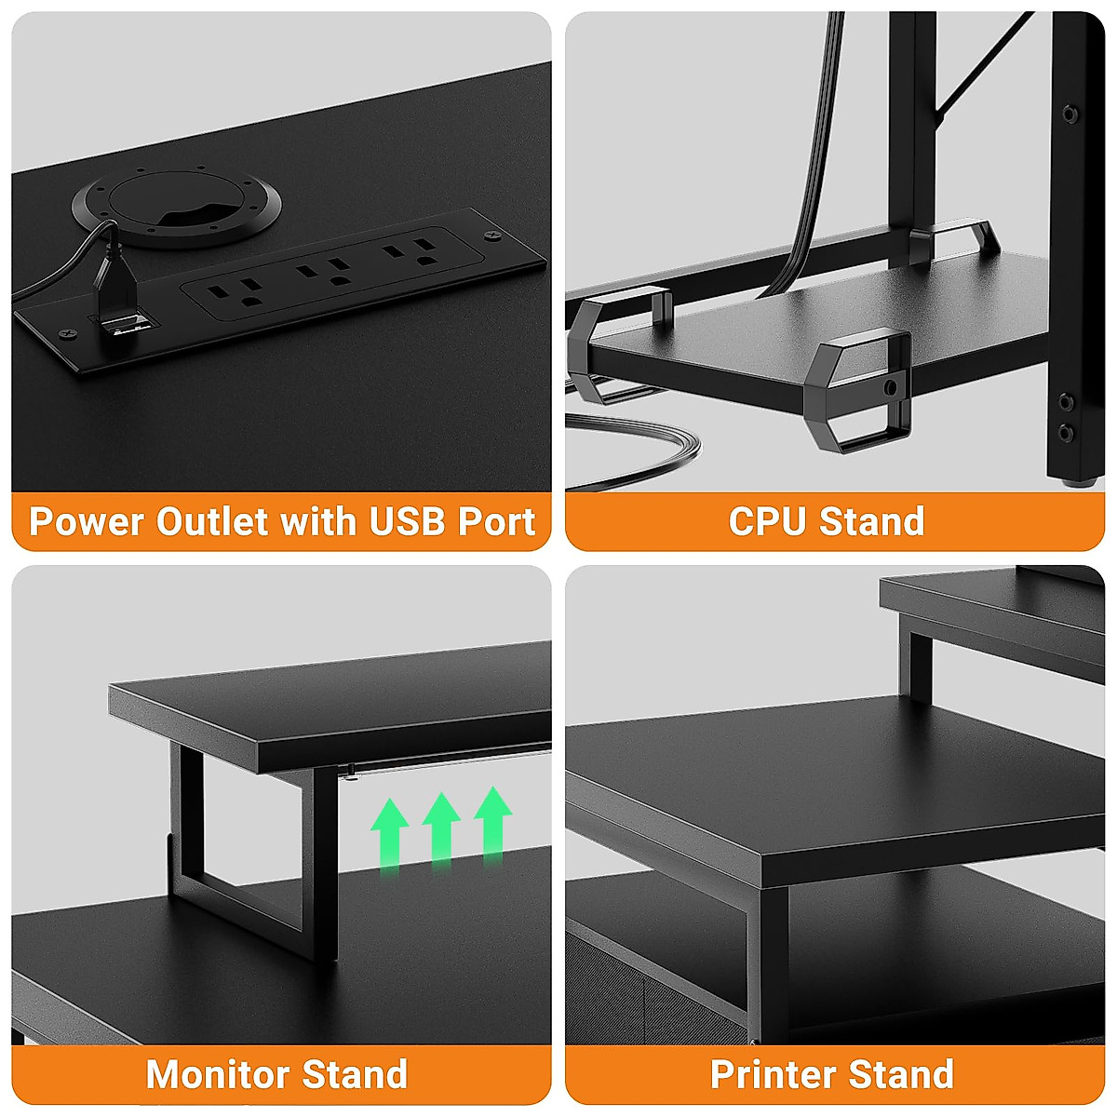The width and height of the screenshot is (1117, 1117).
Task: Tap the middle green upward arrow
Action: pyautogui.click(x=441, y=827)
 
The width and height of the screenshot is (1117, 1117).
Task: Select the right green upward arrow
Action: pyautogui.click(x=492, y=819)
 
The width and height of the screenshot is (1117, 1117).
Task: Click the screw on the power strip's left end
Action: pyautogui.click(x=65, y=333)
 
